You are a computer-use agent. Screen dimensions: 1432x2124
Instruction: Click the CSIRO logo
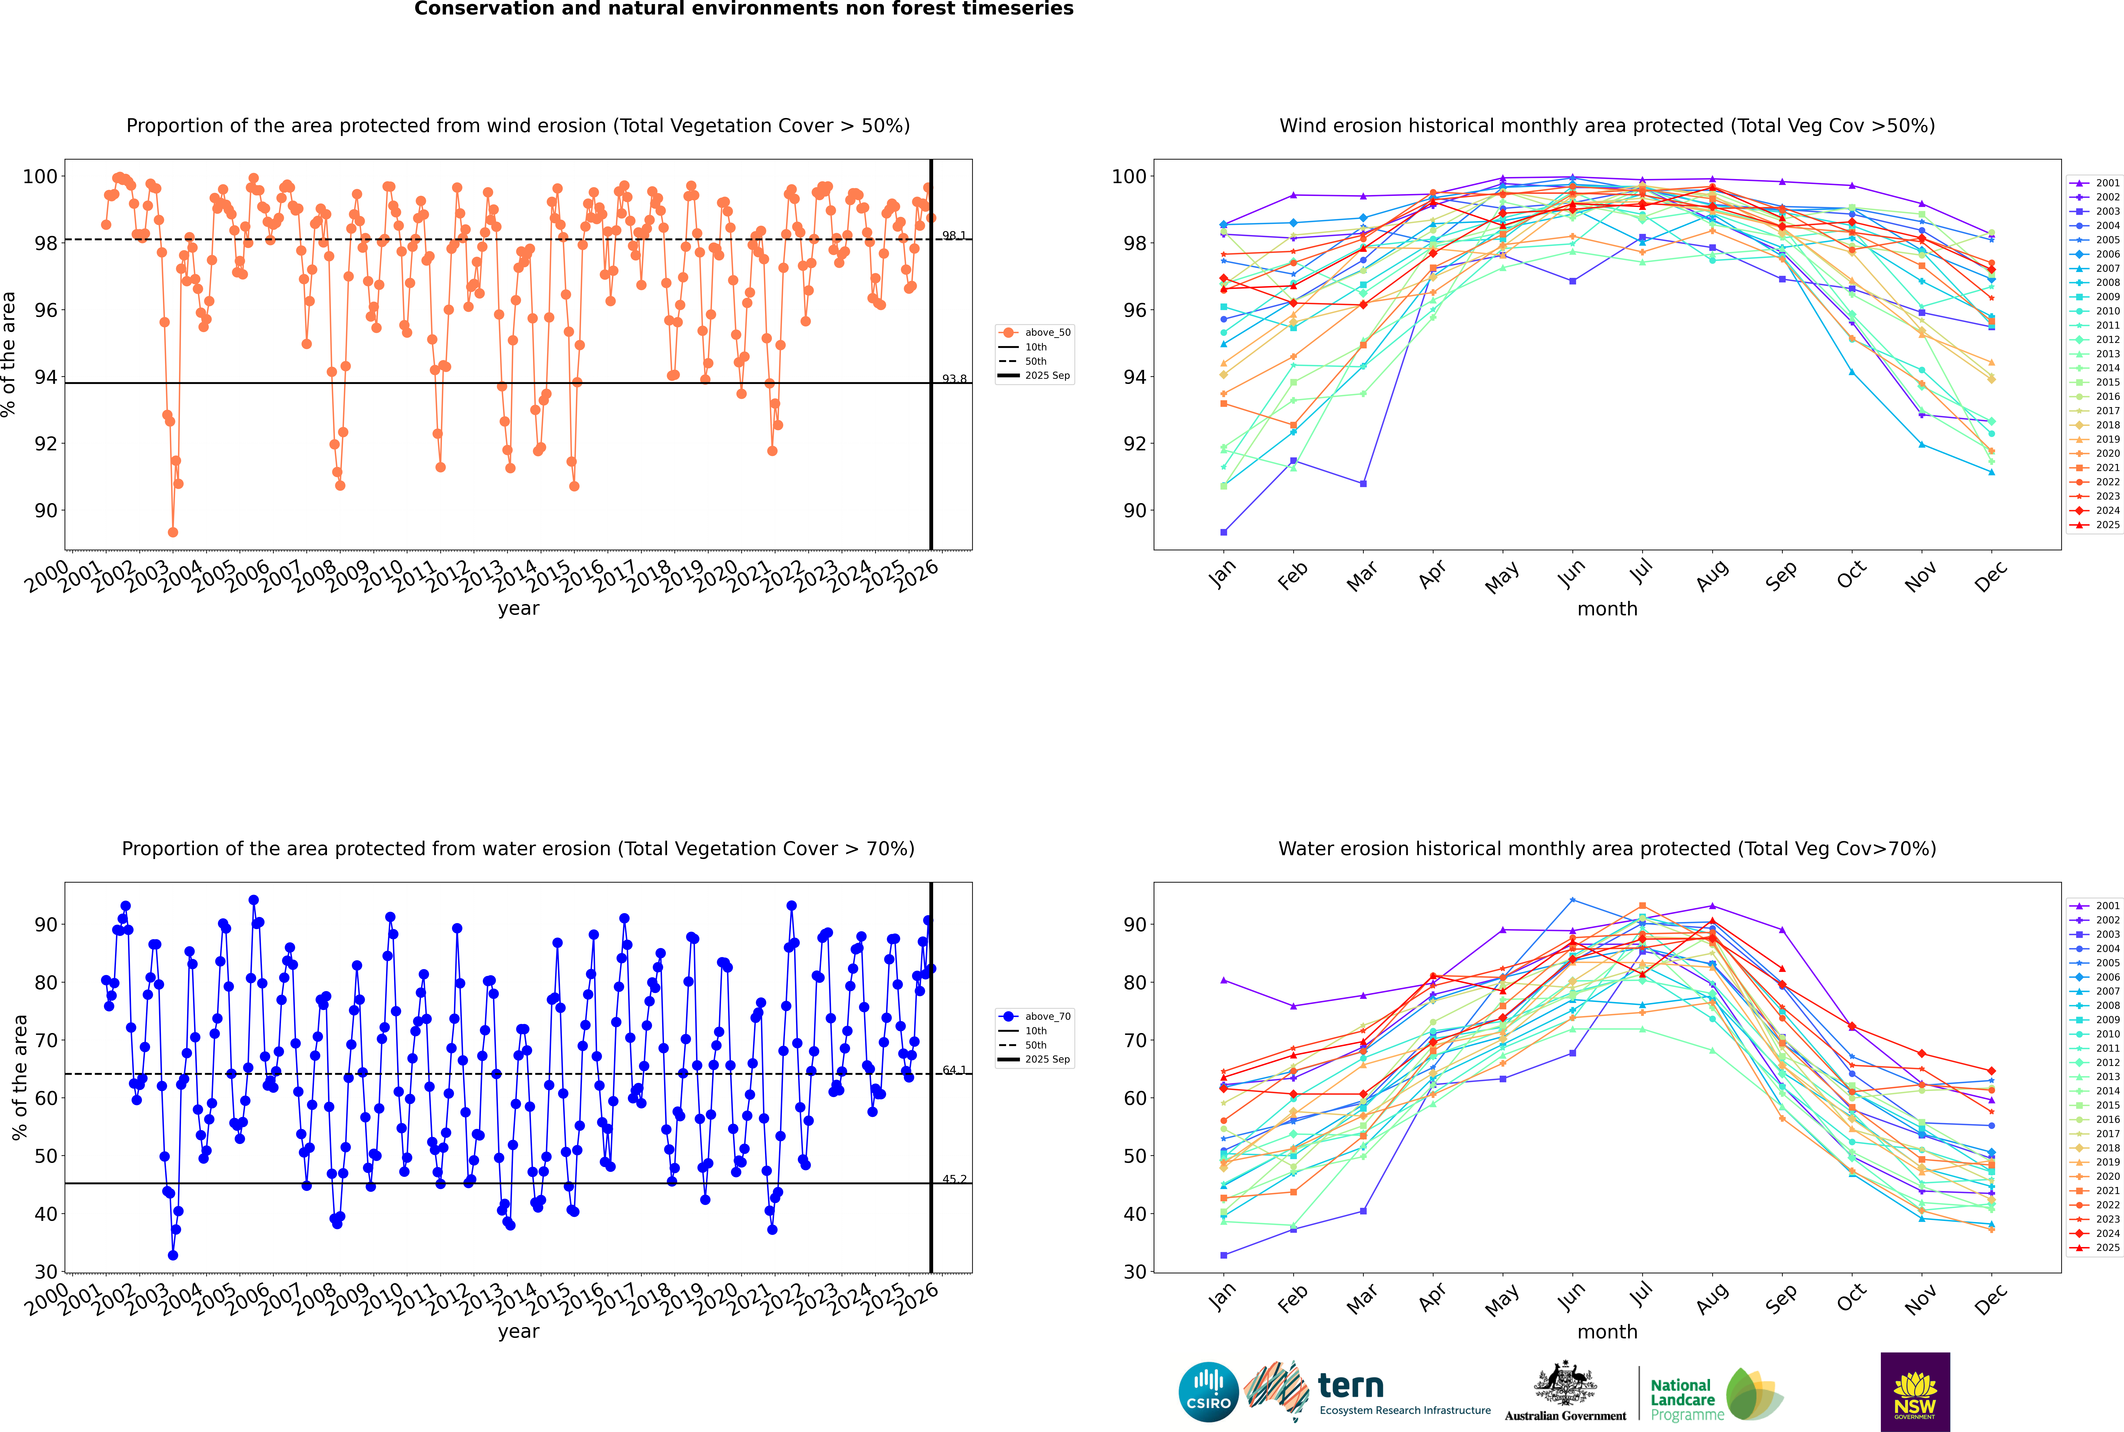1208,1392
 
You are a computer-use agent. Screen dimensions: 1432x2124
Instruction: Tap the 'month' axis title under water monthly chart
1607,1332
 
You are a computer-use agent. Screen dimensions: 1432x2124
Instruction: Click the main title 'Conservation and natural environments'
743,9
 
